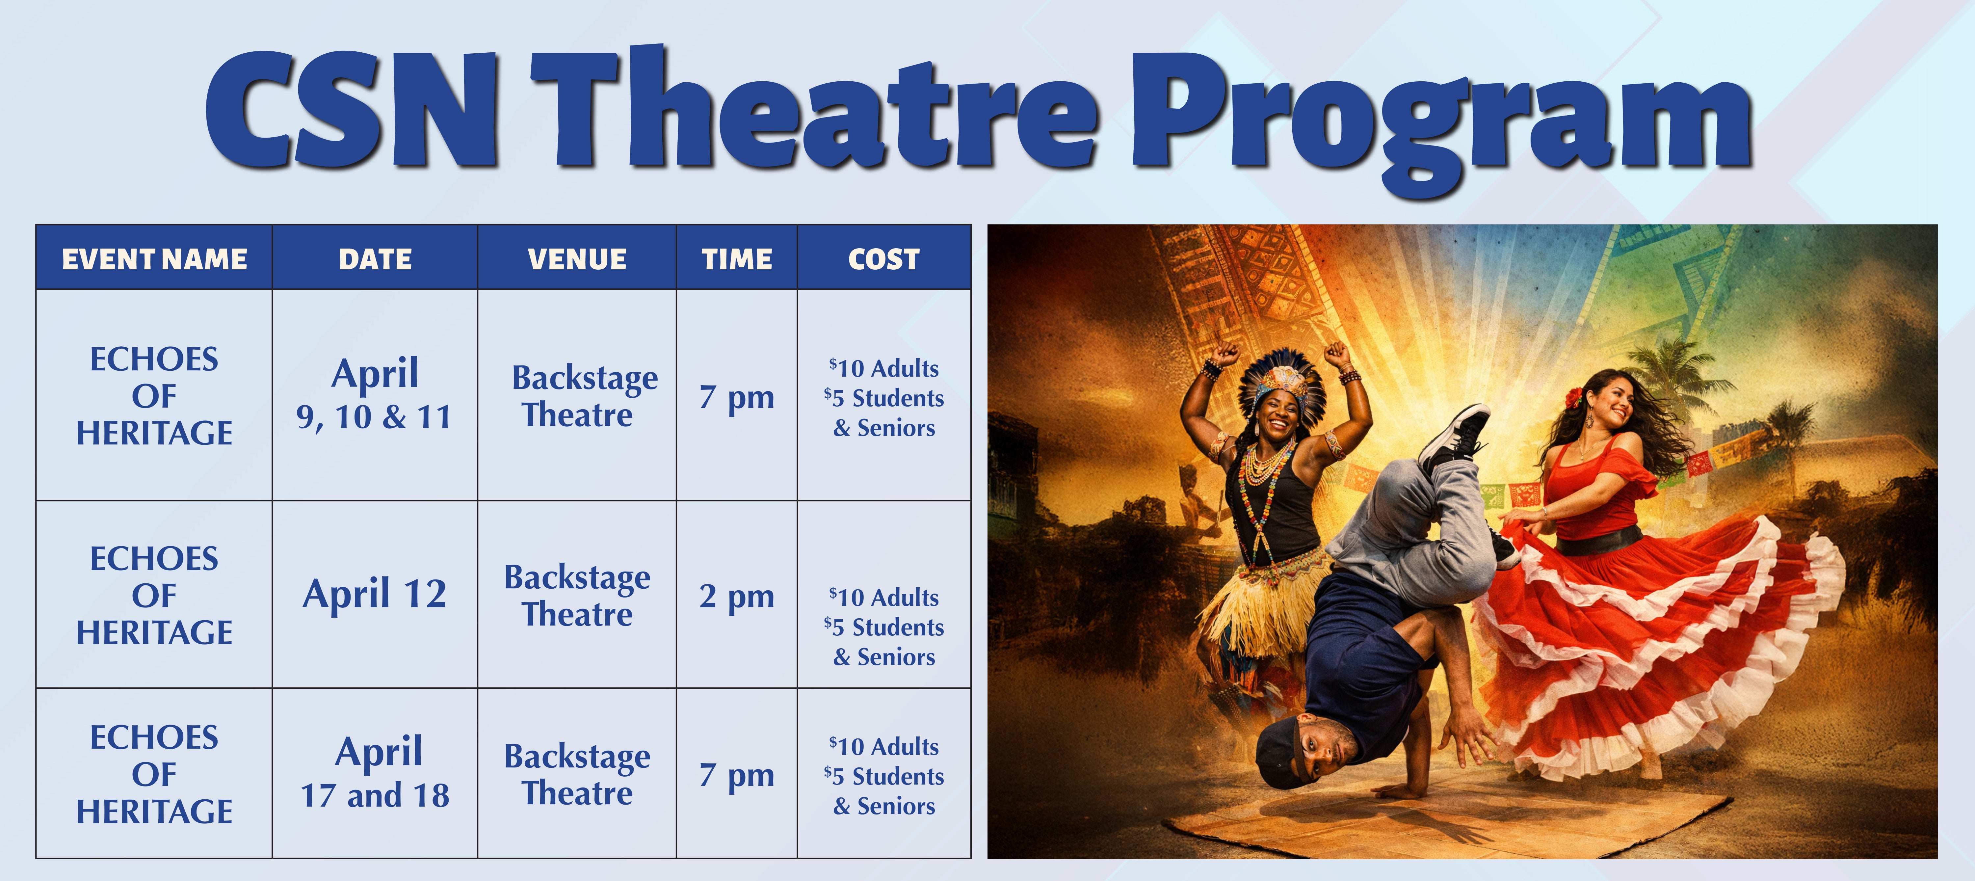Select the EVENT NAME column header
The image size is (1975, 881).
click(154, 259)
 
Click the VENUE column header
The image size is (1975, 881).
click(577, 259)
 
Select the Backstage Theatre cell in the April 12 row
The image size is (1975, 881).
click(577, 596)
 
